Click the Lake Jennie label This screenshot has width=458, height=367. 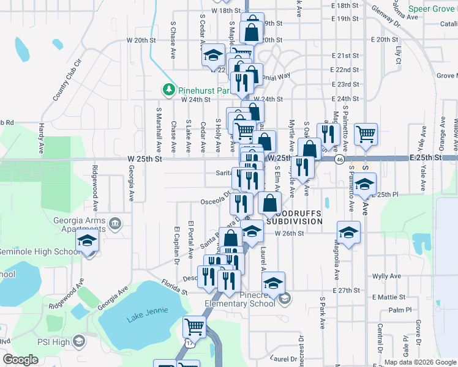(142, 318)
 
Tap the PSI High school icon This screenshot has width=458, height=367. (79, 341)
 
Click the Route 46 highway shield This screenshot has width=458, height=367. (339, 158)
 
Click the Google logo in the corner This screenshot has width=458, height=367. (20, 360)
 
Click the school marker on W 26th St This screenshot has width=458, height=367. (252, 231)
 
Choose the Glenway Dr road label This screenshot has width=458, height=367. (387, 20)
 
